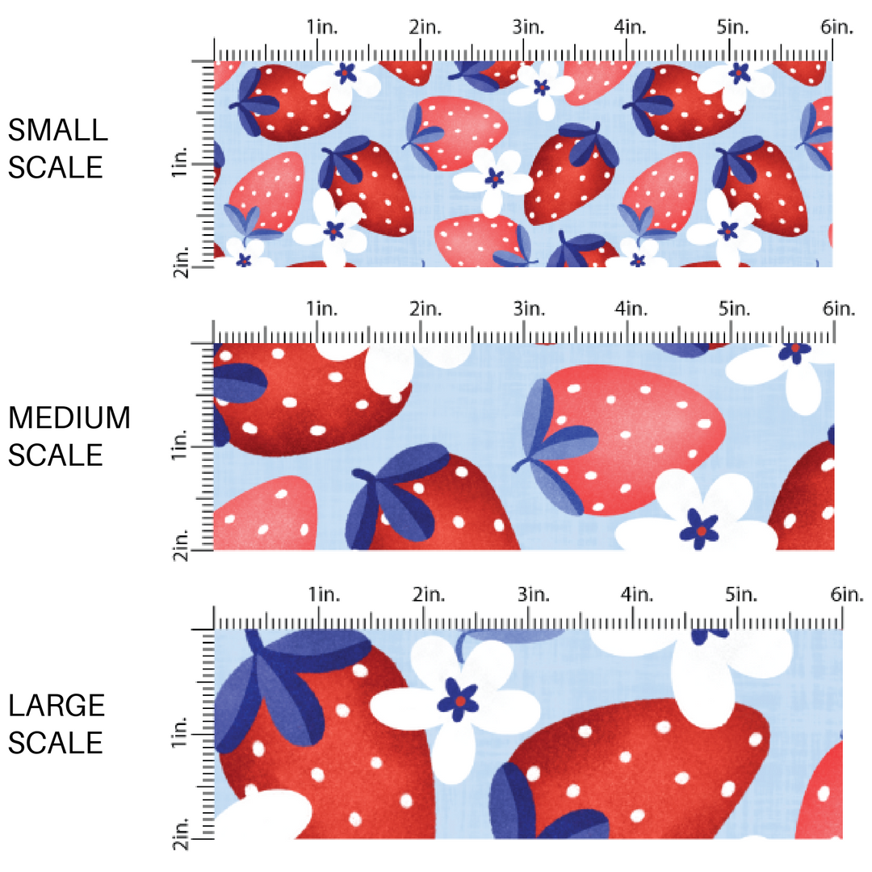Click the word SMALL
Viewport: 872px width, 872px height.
[57, 130]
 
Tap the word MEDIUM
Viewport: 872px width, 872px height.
[69, 418]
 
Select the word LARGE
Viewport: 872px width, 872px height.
[57, 706]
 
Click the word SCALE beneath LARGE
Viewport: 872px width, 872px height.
[56, 742]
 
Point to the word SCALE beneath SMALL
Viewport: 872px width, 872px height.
[56, 167]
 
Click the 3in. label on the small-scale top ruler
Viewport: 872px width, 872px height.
[529, 27]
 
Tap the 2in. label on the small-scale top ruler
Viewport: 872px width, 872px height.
[426, 27]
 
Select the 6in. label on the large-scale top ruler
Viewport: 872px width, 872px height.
[845, 595]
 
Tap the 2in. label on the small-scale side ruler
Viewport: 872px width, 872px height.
[182, 262]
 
